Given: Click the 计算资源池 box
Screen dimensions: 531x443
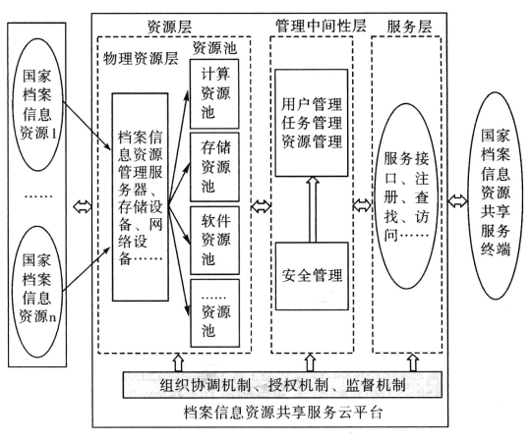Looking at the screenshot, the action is click(x=214, y=93).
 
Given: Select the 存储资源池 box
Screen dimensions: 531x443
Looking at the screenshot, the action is click(x=214, y=167).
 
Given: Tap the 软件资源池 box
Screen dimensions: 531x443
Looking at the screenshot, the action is click(x=214, y=240).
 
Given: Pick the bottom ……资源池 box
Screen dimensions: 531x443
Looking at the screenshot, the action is click(x=215, y=312).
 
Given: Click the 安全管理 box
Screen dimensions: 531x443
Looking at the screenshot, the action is click(x=312, y=276).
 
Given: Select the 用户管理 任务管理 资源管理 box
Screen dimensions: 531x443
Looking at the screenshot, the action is click(x=312, y=123).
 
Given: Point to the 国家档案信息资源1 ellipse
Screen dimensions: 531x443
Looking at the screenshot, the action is click(x=38, y=104).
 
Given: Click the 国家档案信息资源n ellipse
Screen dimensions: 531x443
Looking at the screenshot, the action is click(x=37, y=292).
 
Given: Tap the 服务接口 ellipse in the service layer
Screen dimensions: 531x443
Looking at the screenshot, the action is click(x=406, y=196).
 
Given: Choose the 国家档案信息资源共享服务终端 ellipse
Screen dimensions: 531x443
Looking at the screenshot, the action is click(x=496, y=195).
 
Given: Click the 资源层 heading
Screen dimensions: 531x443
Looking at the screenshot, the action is click(x=169, y=27).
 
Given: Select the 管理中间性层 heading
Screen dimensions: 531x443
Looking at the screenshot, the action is click(x=321, y=26).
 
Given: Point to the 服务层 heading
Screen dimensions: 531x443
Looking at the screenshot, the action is click(x=409, y=27).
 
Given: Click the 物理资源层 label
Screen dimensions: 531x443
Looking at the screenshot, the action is click(x=141, y=58).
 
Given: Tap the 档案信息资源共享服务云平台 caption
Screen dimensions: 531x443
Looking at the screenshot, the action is click(x=283, y=413).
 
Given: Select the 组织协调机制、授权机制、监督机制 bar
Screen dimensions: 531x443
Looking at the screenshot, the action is click(x=282, y=385).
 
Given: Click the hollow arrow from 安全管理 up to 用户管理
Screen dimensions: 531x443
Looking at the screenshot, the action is click(x=313, y=209).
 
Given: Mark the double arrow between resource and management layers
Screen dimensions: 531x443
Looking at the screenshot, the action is click(x=261, y=205).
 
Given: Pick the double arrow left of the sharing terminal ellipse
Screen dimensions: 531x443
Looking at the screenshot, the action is click(x=457, y=200).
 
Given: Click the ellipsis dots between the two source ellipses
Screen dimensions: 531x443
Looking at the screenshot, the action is click(x=39, y=195).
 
